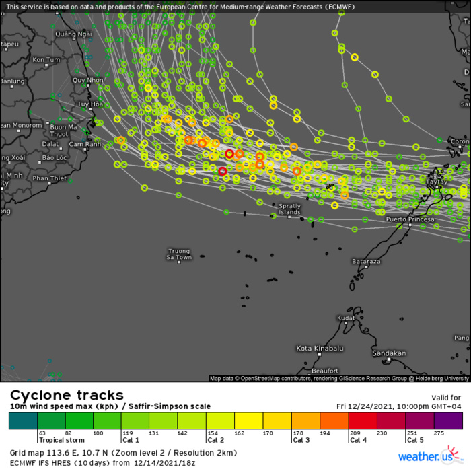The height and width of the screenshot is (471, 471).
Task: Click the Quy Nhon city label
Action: click(x=88, y=80)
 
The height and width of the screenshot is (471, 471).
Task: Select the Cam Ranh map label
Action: click(x=85, y=144)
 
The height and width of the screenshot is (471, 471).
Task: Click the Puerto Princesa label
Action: click(x=410, y=219)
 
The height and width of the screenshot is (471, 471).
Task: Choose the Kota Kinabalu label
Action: click(x=320, y=348)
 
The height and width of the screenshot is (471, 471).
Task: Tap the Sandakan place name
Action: click(x=390, y=353)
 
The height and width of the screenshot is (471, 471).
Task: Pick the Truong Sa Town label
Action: click(x=180, y=254)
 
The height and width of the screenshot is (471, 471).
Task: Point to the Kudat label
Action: click(x=346, y=318)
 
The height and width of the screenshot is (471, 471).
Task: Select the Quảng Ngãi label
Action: click(x=74, y=34)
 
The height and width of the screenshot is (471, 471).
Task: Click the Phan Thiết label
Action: click(x=50, y=178)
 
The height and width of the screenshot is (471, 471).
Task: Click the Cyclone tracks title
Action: click(x=66, y=395)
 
